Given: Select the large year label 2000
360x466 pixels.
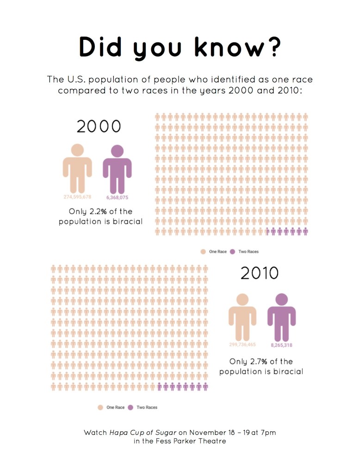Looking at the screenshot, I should [99, 126].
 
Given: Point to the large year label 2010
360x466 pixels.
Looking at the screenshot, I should [260, 273].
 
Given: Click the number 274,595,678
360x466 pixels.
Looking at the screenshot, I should [77, 197].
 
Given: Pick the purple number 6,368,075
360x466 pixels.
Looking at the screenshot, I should [117, 197].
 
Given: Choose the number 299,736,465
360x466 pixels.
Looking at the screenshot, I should [242, 345].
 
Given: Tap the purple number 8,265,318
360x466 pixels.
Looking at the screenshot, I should [281, 345].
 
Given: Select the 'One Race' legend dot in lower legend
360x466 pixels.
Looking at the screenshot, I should [100, 408].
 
